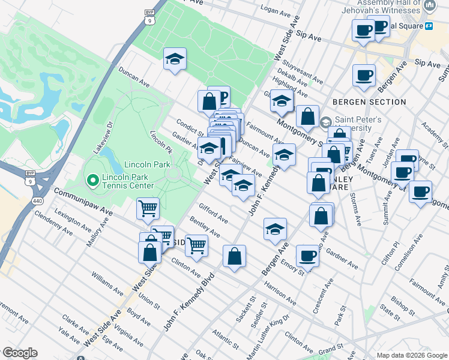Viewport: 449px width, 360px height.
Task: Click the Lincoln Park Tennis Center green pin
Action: coord(92,179)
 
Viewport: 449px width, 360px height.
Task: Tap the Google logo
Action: coord(20,353)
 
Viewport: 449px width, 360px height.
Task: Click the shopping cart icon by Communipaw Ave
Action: coord(148,209)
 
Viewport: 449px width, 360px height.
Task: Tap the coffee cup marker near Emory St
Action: coord(309,256)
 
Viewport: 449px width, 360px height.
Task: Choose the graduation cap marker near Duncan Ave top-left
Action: coord(175,59)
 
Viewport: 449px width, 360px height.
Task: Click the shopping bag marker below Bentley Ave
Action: coord(234,256)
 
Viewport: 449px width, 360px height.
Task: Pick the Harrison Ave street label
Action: coord(280,292)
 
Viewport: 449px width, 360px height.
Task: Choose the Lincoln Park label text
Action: coord(148,164)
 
